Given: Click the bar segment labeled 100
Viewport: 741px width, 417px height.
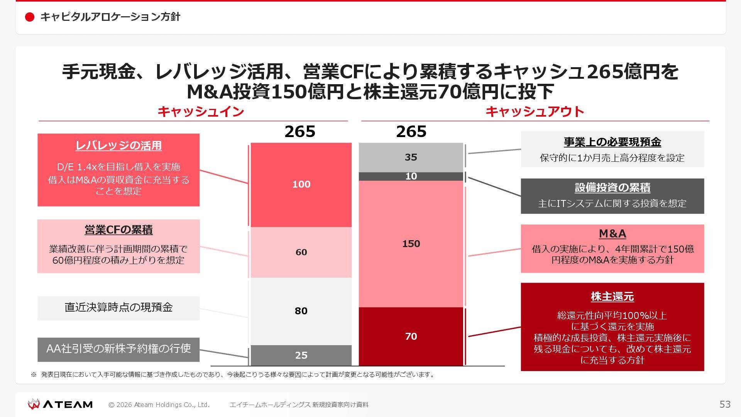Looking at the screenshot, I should tap(301, 185).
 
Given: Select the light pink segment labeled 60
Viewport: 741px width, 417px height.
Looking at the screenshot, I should tap(301, 252).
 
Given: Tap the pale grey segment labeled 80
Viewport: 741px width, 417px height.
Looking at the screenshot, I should tap(301, 311).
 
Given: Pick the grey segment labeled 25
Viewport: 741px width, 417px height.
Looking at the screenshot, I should tap(301, 355).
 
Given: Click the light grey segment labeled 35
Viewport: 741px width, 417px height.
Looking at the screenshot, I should tap(411, 157).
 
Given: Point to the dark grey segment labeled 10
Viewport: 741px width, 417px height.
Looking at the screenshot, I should tap(411, 176).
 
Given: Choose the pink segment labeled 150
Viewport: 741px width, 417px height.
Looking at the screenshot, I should tap(411, 244).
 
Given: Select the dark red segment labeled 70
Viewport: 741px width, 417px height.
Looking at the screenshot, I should tap(411, 336).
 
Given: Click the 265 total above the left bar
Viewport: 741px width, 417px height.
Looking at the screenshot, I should tap(300, 132).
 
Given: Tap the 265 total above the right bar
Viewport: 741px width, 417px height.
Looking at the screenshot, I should tap(411, 132).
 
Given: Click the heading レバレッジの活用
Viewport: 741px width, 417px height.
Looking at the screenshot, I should tap(118, 146).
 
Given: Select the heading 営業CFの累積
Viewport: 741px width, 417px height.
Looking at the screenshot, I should tap(118, 230).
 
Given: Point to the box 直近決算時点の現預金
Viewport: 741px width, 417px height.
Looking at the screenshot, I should tap(118, 308).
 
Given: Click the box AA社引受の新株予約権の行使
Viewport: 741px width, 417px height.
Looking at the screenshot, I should tap(118, 349).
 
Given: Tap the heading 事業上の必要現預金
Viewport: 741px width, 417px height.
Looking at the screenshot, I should tap(612, 142).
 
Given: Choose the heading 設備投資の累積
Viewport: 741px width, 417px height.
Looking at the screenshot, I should tap(612, 188).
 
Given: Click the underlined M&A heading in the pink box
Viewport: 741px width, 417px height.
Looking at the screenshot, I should tap(612, 234).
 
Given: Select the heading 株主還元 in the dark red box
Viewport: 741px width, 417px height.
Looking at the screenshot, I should tap(612, 297).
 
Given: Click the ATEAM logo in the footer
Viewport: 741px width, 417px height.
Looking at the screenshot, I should tap(60, 404).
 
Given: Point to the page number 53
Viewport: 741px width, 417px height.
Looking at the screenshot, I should tap(725, 404).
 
